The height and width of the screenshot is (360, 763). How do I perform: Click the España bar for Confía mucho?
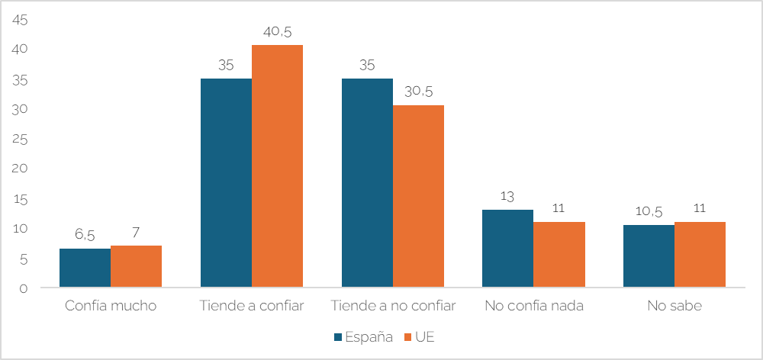pyautogui.click(x=85, y=268)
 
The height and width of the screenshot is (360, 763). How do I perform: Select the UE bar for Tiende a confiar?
pyautogui.click(x=277, y=166)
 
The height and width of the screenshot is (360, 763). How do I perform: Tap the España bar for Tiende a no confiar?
pyautogui.click(x=367, y=183)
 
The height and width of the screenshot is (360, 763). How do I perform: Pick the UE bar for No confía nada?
pyautogui.click(x=559, y=255)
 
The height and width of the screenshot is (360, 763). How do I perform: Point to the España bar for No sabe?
pyautogui.click(x=649, y=256)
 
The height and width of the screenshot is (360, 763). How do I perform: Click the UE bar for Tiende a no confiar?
pyautogui.click(x=418, y=196)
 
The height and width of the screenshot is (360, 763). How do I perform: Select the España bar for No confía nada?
pyautogui.click(x=507, y=249)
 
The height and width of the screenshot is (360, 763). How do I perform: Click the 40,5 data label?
pyautogui.click(x=277, y=32)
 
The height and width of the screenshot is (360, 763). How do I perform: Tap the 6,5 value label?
pyautogui.click(x=85, y=236)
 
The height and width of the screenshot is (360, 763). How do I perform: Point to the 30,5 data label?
pyautogui.click(x=418, y=92)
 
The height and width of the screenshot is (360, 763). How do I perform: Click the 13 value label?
pyautogui.click(x=507, y=197)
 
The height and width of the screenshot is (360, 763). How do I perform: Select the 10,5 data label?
pyautogui.click(x=649, y=212)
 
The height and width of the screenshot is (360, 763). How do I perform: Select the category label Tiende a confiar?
pyautogui.click(x=252, y=307)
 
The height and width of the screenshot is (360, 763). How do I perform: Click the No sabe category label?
pyautogui.click(x=674, y=307)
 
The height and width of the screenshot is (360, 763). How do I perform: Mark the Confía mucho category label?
pyautogui.click(x=111, y=307)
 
